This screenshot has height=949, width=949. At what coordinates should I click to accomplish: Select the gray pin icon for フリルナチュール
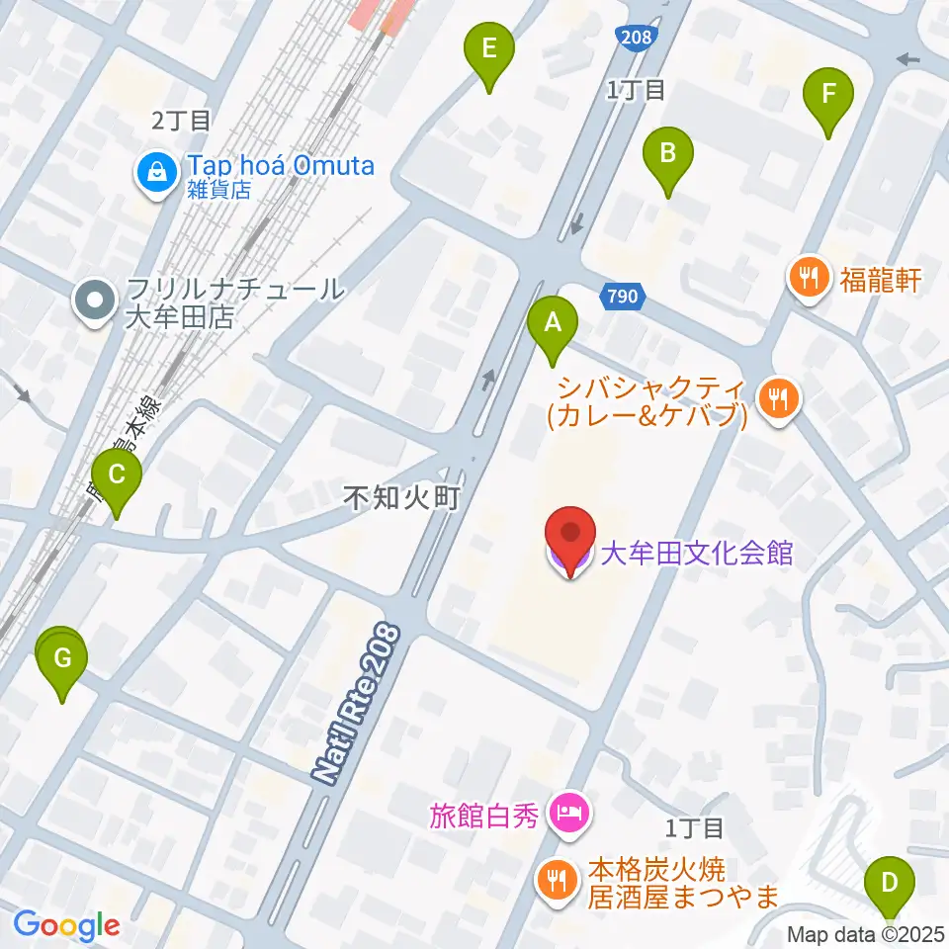point(97,302)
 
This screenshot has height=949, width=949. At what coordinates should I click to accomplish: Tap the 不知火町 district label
point(402,497)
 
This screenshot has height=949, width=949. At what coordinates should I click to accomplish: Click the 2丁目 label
point(181,121)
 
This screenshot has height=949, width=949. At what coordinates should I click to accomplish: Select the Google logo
point(66,924)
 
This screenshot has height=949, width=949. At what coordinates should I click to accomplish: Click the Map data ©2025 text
point(866,932)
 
